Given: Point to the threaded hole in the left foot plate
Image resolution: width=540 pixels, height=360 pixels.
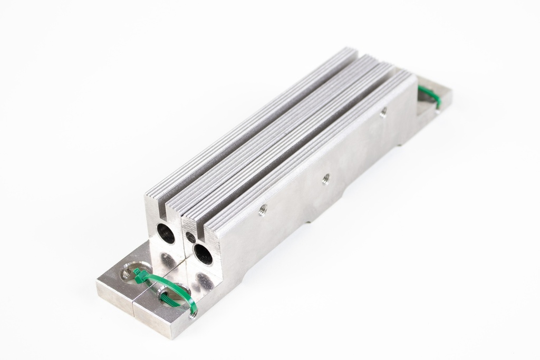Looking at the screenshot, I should coord(128,273).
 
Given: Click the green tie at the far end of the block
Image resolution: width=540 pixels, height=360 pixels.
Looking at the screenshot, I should coord(430,97).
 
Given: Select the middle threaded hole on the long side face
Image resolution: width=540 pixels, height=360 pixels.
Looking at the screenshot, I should coord(326,178).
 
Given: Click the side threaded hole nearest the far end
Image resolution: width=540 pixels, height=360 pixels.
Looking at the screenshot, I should coord(383,111).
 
